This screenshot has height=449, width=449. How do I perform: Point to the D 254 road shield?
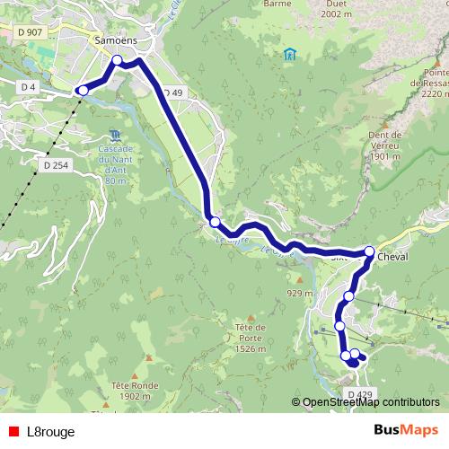tap(56, 164)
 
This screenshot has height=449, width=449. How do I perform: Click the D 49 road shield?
tap(172, 92)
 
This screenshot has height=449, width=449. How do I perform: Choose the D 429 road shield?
tap(357, 394)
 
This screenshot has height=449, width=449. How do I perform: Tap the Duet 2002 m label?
tap(334, 33)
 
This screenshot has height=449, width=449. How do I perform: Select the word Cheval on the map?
tap(392, 256)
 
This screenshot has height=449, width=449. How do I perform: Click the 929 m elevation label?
tap(299, 293)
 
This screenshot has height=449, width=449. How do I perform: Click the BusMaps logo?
tap(406, 430)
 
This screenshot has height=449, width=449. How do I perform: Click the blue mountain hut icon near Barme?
tap(290, 54)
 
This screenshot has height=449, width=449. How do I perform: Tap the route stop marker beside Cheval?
tap(369, 251)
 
